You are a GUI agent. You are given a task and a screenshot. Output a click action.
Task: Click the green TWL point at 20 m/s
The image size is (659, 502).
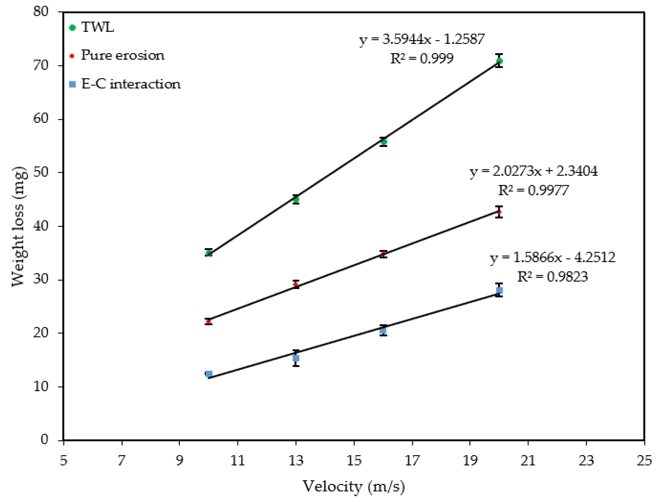[499, 61]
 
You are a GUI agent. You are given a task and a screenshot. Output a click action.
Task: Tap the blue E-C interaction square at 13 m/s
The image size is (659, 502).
[296, 358]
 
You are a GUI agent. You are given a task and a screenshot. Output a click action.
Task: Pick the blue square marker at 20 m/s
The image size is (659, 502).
[499, 290]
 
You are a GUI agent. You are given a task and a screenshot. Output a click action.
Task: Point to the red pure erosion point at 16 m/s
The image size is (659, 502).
[383, 254]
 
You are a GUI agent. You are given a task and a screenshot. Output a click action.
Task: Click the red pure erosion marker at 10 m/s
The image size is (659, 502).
[209, 322]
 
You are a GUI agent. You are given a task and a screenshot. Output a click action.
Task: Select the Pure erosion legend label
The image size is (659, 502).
[122, 56]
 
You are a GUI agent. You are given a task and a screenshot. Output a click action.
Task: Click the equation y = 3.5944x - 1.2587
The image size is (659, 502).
[421, 39]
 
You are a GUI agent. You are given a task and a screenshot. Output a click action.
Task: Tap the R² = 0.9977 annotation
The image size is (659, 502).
[533, 190]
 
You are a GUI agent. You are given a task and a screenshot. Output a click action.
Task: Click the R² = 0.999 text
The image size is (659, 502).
[422, 58]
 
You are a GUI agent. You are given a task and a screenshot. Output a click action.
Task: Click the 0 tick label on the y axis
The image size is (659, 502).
[45, 440]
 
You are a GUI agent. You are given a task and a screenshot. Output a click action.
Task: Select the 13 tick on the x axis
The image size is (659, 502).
[296, 460]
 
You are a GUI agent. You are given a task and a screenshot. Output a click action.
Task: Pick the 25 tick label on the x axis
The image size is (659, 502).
[644, 460]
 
